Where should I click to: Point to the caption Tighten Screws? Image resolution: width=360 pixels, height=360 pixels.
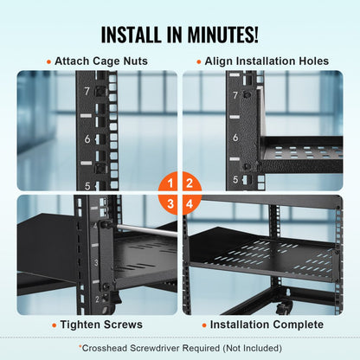[x=102, y=325]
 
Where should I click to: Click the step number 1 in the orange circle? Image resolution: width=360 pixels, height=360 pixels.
[x=171, y=183]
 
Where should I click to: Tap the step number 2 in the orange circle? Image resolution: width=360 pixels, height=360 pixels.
[x=189, y=183]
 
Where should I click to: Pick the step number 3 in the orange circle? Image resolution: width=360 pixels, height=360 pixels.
[x=171, y=202]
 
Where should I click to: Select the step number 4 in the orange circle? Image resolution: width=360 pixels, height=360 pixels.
[x=189, y=202]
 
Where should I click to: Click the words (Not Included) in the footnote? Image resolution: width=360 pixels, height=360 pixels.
[x=251, y=347]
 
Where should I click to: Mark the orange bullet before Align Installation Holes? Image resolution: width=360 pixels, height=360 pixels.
[x=198, y=62]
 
